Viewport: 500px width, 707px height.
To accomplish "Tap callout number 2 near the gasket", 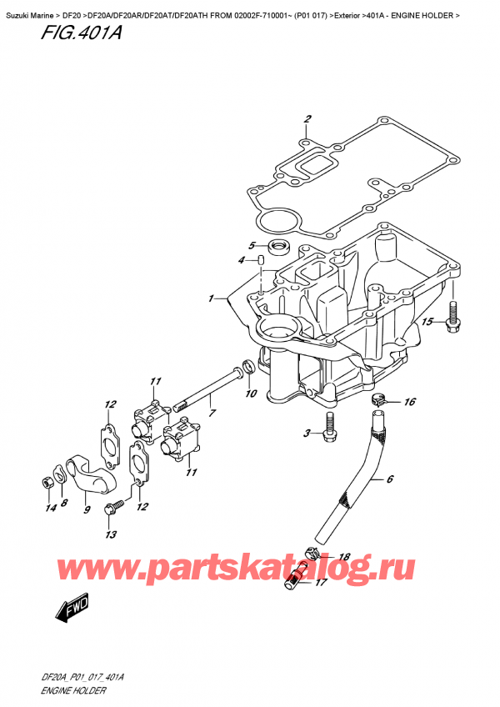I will (307, 119).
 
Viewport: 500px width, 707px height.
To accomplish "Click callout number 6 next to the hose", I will (387, 479).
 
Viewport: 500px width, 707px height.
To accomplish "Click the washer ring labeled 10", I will (247, 368).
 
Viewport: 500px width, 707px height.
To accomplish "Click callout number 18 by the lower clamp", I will (344, 556).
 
